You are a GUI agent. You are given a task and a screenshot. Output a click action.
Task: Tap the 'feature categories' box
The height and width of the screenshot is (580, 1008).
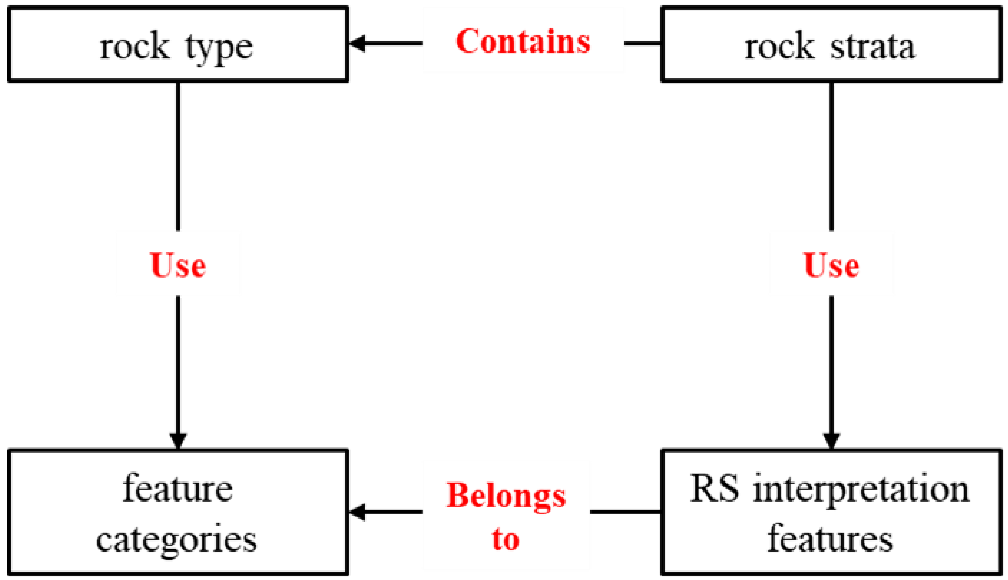point(178,512)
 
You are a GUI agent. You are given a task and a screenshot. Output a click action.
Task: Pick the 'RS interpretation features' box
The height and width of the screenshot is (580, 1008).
point(831,512)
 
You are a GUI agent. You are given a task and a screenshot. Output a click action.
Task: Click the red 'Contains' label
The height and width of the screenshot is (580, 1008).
point(523,42)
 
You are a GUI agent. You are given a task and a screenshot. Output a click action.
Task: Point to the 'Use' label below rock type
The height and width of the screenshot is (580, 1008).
point(178,265)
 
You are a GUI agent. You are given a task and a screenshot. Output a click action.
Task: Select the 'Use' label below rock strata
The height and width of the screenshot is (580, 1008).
point(831,265)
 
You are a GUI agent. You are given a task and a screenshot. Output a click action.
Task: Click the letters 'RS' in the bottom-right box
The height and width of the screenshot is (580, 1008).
point(715,488)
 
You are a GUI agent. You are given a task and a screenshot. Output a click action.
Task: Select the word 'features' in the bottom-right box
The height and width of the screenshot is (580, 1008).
point(830,538)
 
